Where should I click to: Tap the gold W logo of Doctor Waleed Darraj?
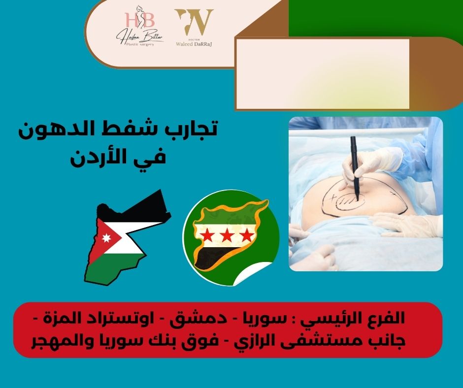point(194,22)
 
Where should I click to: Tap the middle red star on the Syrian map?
point(227,235)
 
